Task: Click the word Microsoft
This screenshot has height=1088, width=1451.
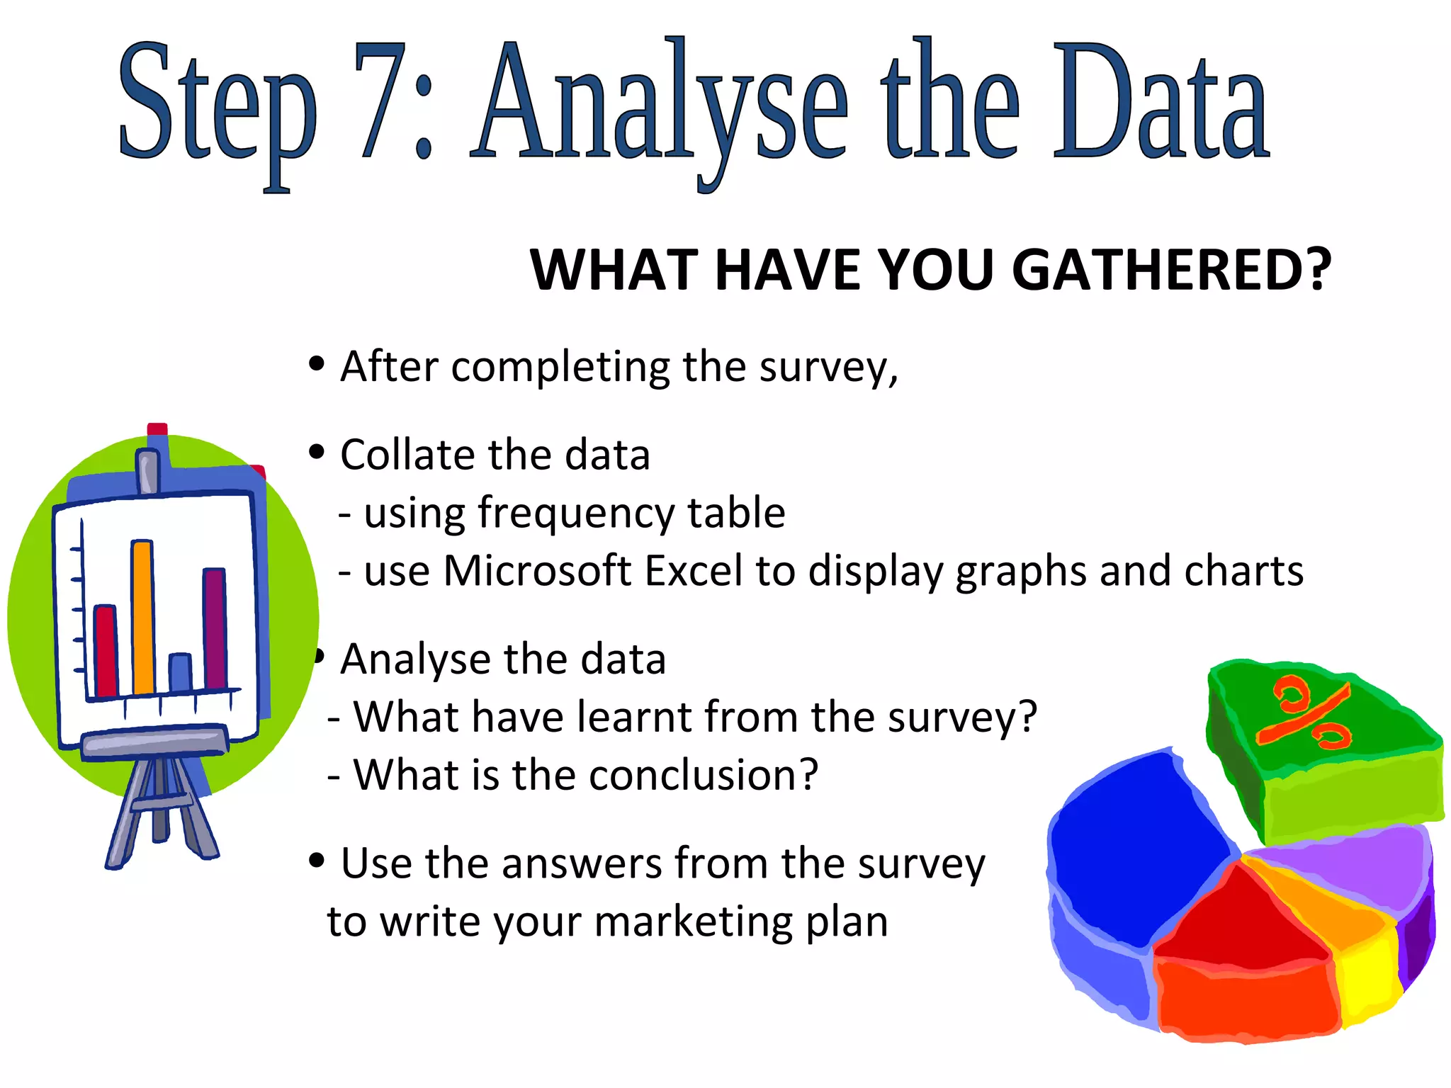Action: click(537, 571)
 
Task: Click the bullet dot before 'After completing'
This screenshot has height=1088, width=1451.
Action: click(317, 364)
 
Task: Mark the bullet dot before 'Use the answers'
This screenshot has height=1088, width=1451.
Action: click(317, 861)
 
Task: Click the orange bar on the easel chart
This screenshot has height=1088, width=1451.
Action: click(143, 616)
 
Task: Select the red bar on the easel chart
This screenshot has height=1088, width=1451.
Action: click(106, 650)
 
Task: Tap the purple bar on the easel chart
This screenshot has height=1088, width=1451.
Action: click(215, 627)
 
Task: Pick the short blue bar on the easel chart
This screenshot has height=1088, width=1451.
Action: click(181, 673)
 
